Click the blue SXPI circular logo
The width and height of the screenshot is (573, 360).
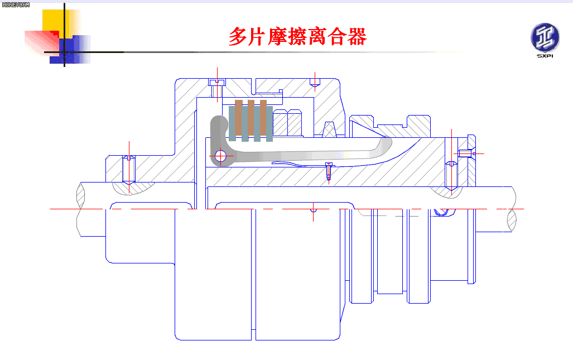[x=545, y=37]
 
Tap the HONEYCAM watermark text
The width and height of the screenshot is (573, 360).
[x=16, y=5]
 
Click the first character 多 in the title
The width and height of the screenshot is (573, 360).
[x=238, y=36]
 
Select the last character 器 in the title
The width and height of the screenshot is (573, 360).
[x=357, y=36]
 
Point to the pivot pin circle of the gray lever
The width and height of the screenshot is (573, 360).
[x=221, y=156]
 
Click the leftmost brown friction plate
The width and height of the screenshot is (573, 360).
[x=239, y=117]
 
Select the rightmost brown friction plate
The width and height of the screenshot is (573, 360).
[x=263, y=117]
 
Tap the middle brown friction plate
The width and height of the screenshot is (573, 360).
[x=251, y=117]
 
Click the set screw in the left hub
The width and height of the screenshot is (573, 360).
[x=129, y=170]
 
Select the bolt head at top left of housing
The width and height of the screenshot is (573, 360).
[x=217, y=82]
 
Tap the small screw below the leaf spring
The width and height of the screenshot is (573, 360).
[x=329, y=172]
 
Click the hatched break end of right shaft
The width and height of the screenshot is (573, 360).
[x=512, y=219]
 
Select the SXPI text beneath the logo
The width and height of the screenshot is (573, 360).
[x=545, y=56]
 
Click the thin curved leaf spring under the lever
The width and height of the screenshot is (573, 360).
[x=300, y=164]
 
